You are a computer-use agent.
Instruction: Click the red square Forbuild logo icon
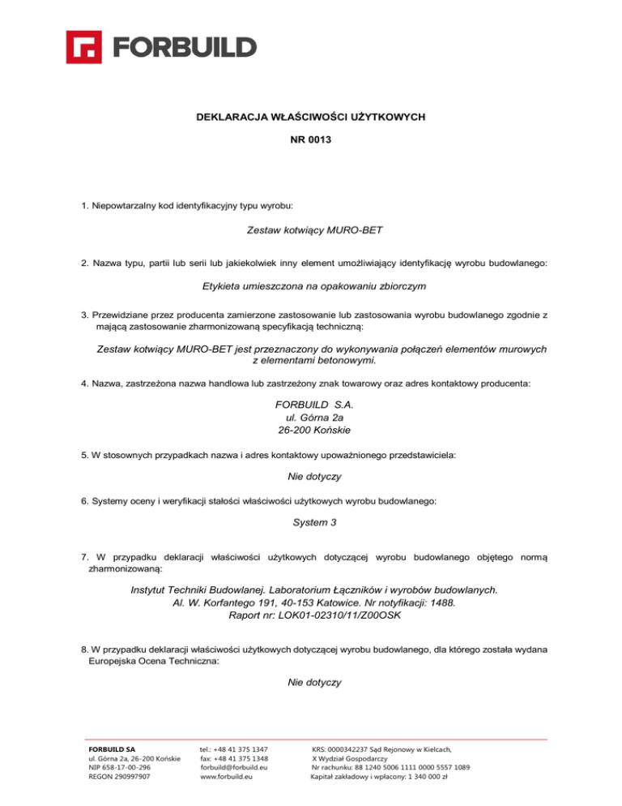84,47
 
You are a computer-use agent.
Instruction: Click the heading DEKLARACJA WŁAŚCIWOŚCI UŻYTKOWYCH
311,118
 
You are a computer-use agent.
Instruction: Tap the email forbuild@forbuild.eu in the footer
234,766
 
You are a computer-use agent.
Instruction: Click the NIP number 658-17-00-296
130,766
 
